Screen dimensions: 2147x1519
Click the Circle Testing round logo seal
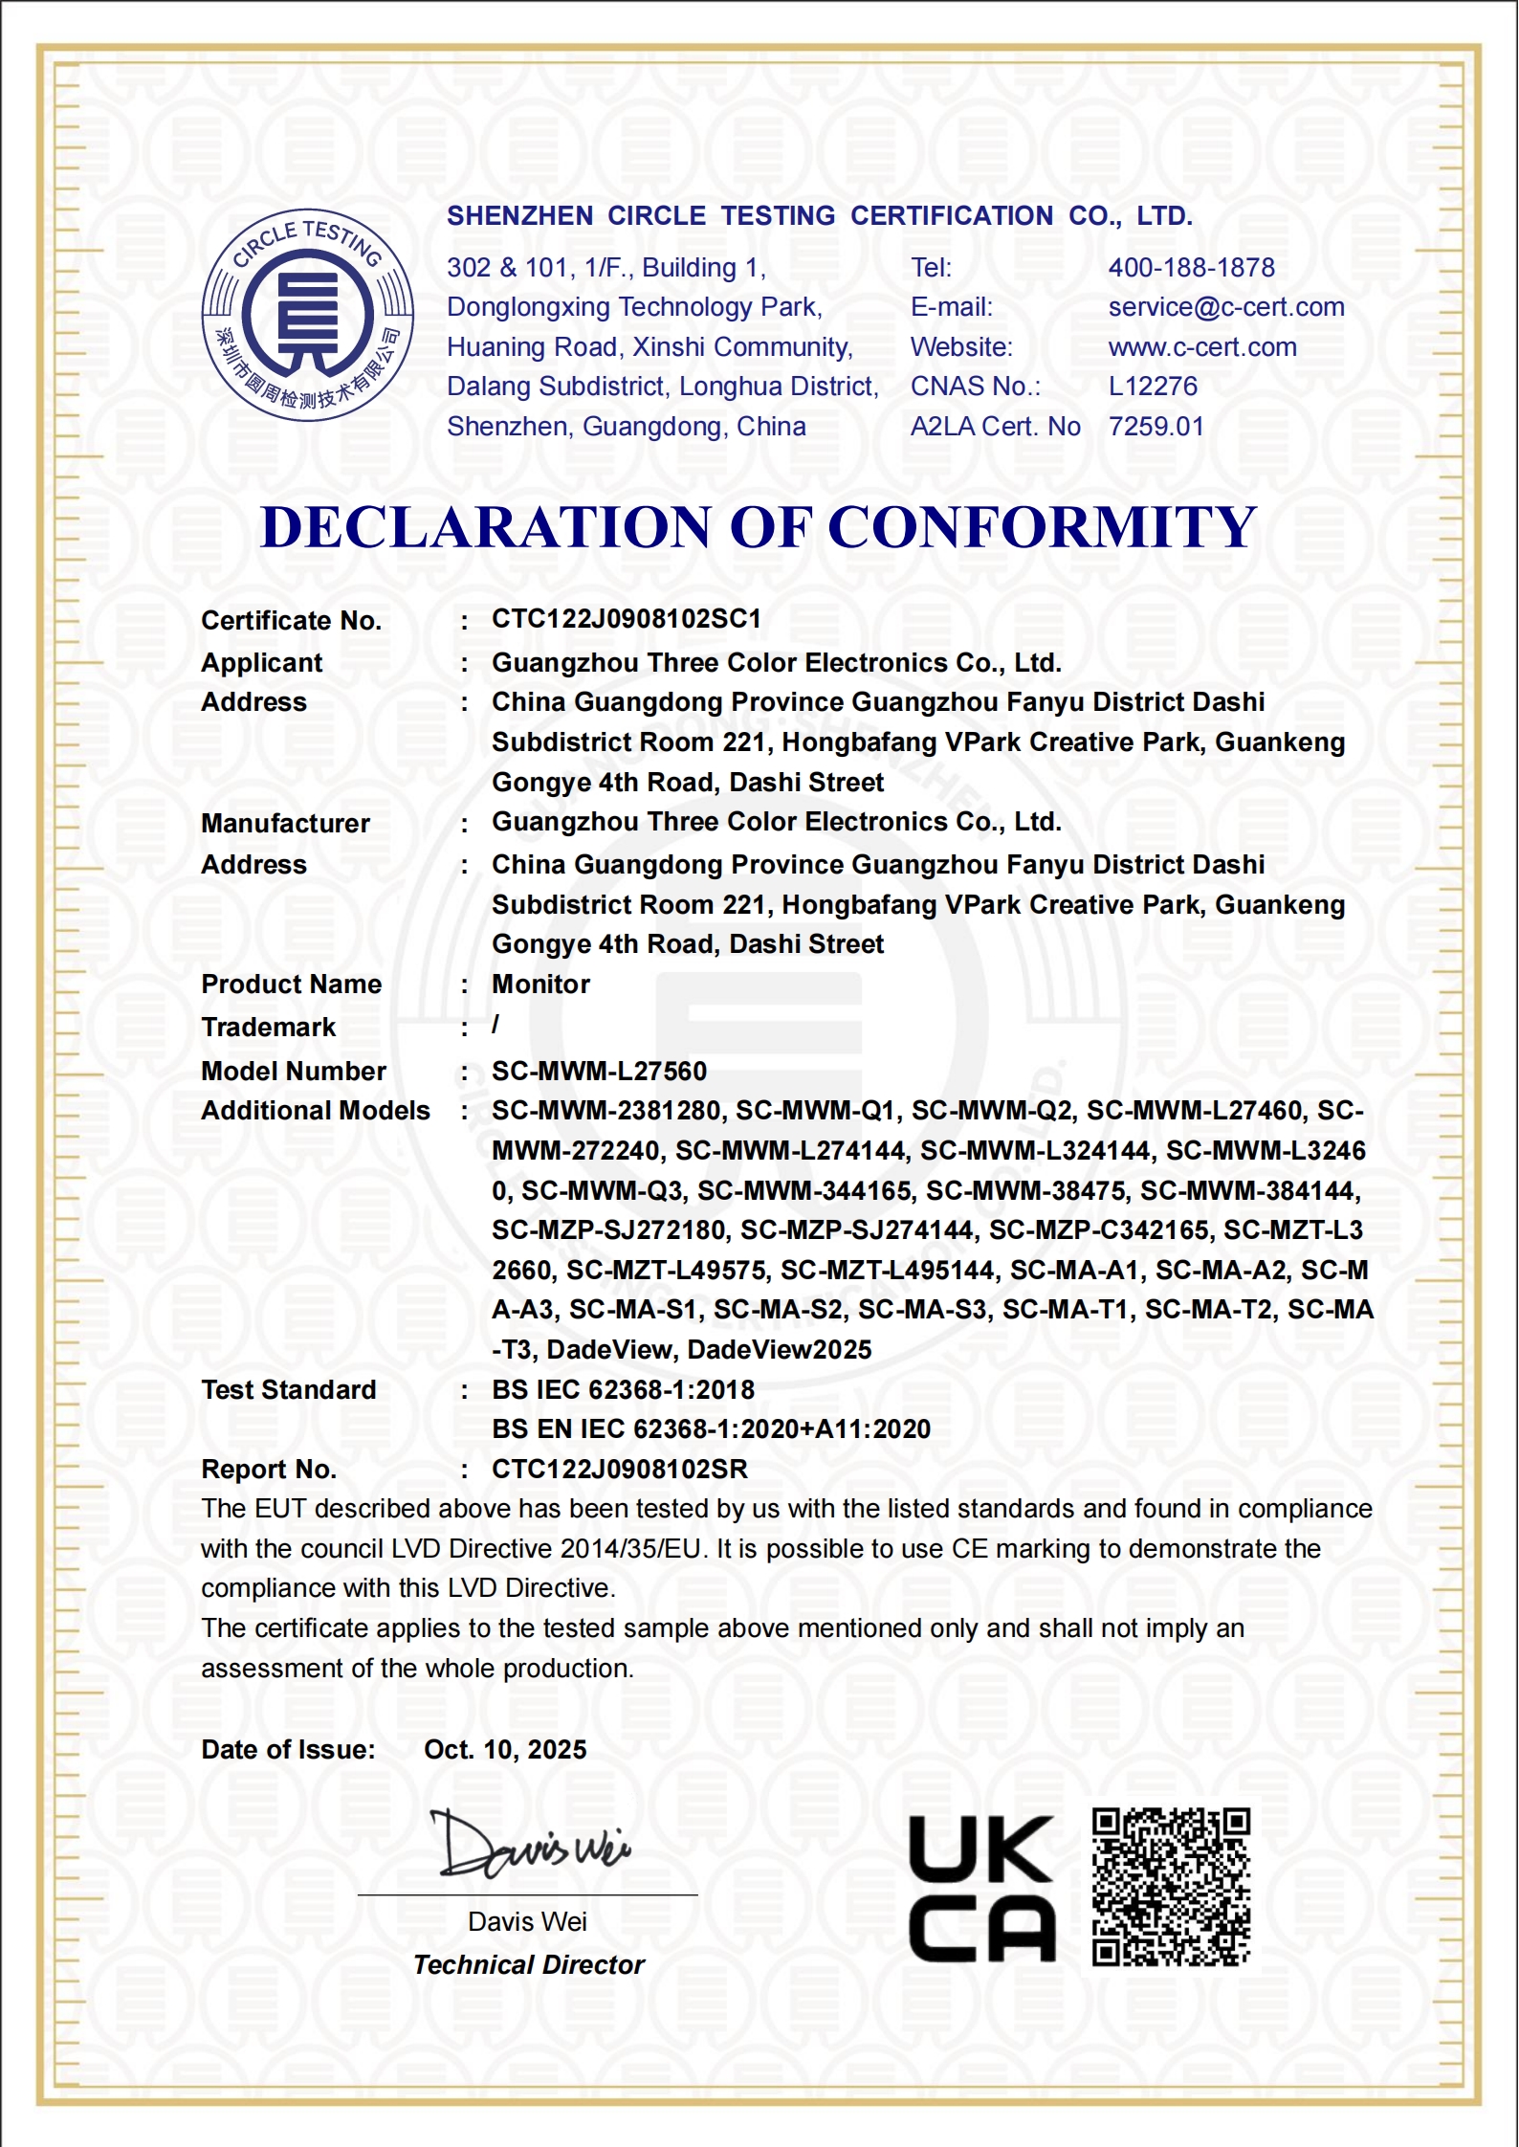click(307, 315)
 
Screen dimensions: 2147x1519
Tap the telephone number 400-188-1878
click(1191, 268)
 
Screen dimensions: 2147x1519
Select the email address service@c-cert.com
click(1225, 307)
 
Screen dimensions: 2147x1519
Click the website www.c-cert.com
click(1202, 347)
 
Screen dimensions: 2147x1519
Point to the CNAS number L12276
click(1153, 387)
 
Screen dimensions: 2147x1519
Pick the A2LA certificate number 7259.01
click(1156, 427)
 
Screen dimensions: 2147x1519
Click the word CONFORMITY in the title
click(1041, 527)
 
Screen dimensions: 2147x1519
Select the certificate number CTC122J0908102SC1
click(627, 619)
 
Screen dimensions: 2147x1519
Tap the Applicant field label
click(262, 662)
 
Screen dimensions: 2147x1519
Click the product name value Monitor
click(540, 985)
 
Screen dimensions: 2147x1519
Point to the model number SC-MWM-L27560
click(599, 1072)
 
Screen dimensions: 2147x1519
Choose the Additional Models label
click(316, 1111)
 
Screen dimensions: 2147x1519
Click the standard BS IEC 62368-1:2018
click(623, 1390)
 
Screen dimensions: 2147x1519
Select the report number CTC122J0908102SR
click(620, 1470)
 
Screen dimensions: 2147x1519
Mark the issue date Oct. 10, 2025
click(505, 1750)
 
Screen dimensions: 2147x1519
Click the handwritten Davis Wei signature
click(531, 1844)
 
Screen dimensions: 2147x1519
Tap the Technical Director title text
click(529, 1965)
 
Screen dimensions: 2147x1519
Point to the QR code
click(1171, 1887)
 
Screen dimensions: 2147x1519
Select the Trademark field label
click(268, 1028)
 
